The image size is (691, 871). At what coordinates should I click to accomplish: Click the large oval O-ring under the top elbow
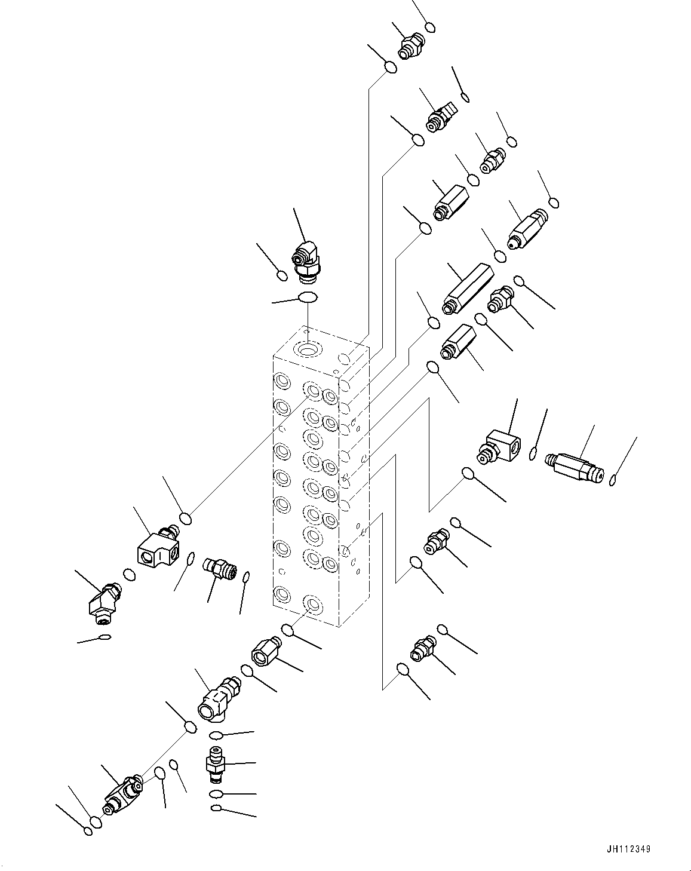coord(308,297)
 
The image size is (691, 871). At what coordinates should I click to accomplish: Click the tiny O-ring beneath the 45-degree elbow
coord(104,637)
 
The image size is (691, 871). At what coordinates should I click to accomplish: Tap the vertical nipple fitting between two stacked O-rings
coord(214,764)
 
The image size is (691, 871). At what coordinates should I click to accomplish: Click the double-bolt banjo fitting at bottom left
coord(122,793)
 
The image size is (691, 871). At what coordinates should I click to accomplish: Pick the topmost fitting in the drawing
coord(411,46)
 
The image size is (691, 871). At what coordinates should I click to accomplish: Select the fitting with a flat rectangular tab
coord(441,115)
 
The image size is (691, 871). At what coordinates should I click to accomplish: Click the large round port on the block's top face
coord(309,348)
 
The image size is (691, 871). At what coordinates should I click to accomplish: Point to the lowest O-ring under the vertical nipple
coord(216,809)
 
